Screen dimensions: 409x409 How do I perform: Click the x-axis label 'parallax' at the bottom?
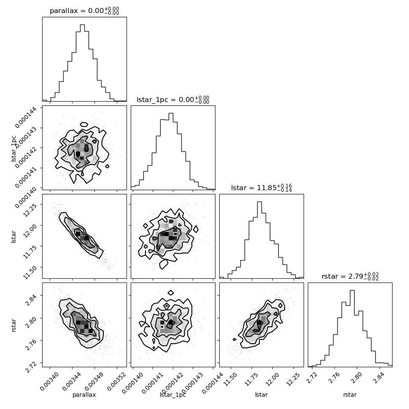[84, 395]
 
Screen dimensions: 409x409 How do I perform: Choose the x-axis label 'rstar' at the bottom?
[350, 395]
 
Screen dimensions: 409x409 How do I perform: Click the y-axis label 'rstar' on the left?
[13, 325]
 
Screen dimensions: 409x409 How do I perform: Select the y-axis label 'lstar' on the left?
[13, 237]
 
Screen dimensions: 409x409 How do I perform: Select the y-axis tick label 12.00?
[30, 231]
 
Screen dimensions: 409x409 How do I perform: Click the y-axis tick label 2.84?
[30, 300]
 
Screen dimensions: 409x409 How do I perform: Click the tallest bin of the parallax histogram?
[82, 63]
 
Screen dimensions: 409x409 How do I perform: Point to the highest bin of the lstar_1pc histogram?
[171, 151]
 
